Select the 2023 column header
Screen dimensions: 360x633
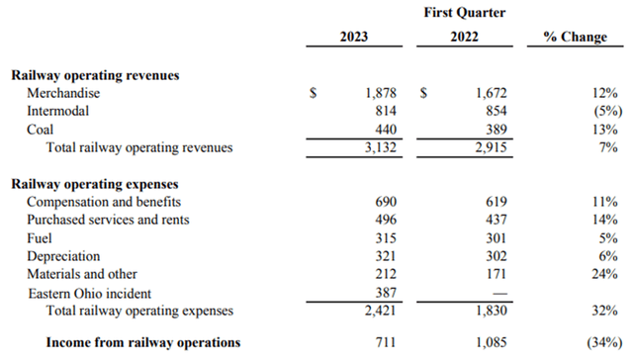[353, 37]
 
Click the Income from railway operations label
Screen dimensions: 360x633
[143, 342]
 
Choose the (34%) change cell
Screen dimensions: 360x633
[599, 342]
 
